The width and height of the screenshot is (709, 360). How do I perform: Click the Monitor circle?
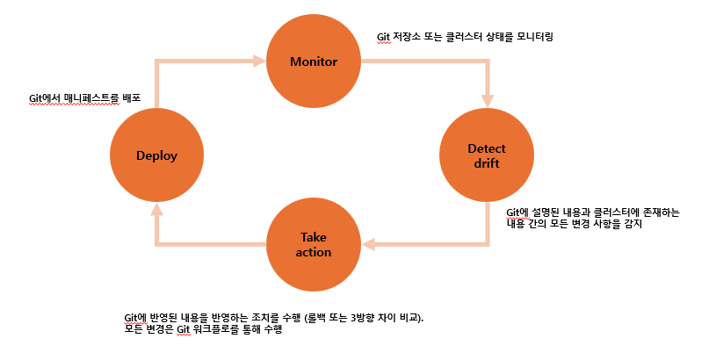(x=314, y=61)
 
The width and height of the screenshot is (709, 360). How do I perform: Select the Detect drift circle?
(x=486, y=155)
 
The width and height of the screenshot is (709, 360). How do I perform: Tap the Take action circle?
(x=315, y=245)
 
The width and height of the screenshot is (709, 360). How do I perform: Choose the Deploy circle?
(x=156, y=155)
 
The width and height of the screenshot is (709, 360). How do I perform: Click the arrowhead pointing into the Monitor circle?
(x=259, y=61)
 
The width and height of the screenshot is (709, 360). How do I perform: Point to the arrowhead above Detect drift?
(x=486, y=103)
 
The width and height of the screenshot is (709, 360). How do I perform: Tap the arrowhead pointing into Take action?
(x=370, y=245)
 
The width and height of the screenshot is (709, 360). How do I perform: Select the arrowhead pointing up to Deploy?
(x=156, y=209)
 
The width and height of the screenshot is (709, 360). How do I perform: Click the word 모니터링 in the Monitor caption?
(x=530, y=38)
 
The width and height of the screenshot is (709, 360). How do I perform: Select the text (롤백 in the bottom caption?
(x=338, y=316)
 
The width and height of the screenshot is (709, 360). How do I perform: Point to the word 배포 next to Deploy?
(x=131, y=98)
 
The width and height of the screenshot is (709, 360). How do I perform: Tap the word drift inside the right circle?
(x=486, y=163)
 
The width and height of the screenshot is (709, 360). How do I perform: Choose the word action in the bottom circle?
(x=315, y=253)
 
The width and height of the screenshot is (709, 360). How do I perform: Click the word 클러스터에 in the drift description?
(x=594, y=212)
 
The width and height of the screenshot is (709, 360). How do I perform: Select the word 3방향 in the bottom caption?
(x=386, y=316)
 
